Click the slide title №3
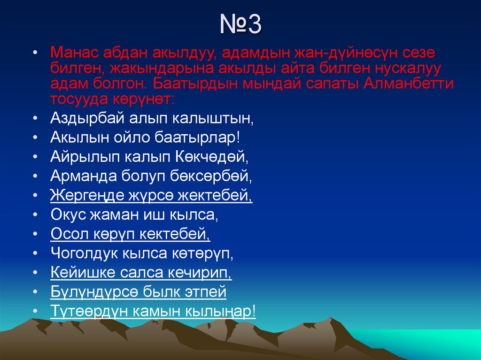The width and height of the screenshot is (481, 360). coord(240,25)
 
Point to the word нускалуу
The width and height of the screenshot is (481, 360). coord(400,68)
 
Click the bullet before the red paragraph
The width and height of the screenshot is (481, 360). coord(36,52)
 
